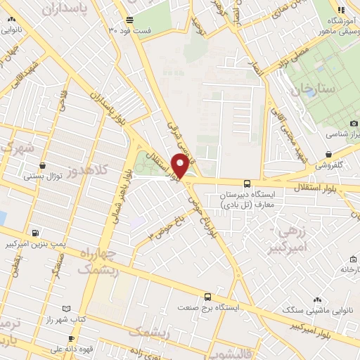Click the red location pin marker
coord(180,166)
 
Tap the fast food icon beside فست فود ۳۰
coord(128,20)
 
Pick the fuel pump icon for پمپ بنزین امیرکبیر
coord(36,233)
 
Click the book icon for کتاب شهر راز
coord(66,309)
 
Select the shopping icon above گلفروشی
coord(328,154)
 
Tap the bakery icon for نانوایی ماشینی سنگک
coord(318,300)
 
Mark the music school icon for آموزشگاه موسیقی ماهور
coord(341,10)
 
